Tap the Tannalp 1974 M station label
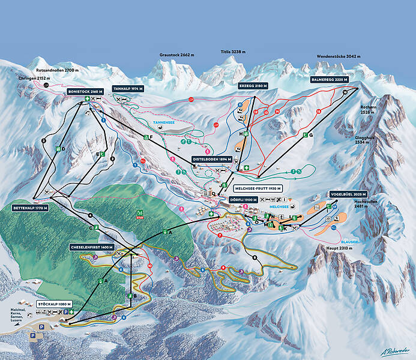(x=129, y=88)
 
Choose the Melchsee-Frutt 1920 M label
(x=255, y=188)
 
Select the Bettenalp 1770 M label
(x=29, y=208)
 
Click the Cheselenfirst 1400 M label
(x=91, y=247)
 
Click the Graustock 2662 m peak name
(x=177, y=55)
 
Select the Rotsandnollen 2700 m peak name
(x=52, y=70)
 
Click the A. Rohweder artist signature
(x=394, y=350)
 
